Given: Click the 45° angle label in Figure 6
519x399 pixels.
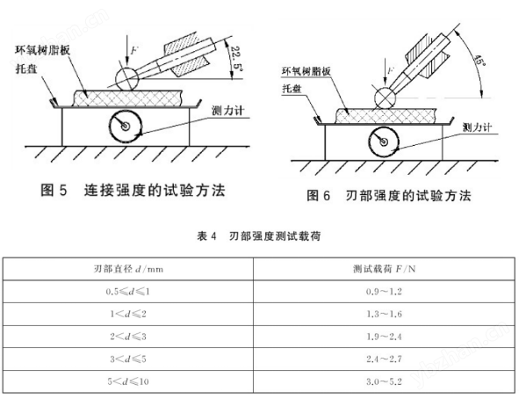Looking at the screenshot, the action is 479,60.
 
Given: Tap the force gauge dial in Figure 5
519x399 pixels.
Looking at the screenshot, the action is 126,127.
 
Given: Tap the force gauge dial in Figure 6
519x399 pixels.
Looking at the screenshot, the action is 384,141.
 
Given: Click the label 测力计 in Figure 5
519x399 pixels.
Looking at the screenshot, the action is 227,111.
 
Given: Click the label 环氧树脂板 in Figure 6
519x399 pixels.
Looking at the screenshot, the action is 306,71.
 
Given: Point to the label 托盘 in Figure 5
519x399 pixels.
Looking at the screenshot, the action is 26,69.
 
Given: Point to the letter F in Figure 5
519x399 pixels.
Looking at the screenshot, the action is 134,51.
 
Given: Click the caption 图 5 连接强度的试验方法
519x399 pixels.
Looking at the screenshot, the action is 133,190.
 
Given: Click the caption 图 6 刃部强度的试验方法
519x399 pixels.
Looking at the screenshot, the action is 388,195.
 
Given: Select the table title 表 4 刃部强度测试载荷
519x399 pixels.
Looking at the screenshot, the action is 259,236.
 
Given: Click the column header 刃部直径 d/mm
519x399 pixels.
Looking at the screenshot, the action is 128,269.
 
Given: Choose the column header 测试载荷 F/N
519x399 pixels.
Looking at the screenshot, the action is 385,269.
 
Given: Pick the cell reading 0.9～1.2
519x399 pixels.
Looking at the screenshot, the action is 384,292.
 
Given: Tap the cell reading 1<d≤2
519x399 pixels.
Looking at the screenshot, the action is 128,314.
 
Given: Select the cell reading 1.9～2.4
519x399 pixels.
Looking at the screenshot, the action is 384,337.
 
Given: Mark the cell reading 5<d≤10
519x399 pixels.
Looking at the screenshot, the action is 128,381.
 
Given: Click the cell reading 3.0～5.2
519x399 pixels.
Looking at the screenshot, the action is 384,381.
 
